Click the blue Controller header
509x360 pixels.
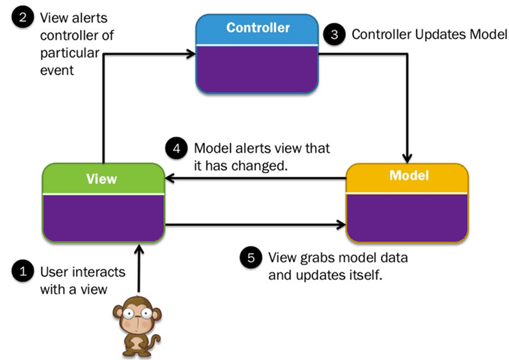(257, 29)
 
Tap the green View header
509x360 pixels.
(102, 179)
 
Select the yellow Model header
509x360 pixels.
(408, 176)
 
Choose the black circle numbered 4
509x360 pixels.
(177, 149)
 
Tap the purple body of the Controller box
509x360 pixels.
(257, 68)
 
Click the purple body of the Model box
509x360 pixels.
(408, 216)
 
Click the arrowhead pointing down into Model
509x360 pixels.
(408, 155)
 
